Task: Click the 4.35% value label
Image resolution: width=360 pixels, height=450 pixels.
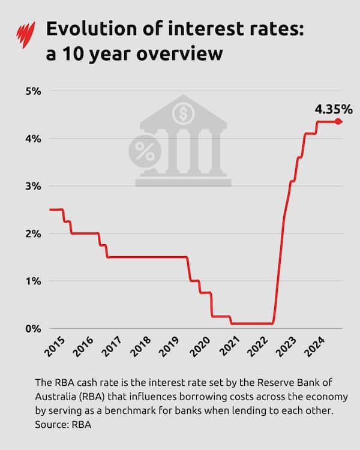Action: click(333, 109)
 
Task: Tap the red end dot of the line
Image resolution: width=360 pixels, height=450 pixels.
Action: click(338, 121)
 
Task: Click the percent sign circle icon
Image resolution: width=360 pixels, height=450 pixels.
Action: click(145, 152)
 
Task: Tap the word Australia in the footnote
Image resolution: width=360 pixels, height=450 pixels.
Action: click(55, 397)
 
